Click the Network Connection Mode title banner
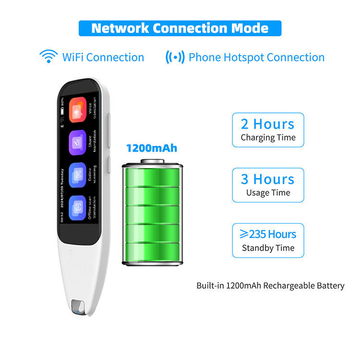coord(180,28)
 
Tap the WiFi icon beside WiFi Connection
coord(48,57)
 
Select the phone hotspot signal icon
coord(175,57)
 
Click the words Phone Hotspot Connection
coord(256,57)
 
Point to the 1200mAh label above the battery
coord(151,147)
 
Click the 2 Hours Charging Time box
coord(268,130)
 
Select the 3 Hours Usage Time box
coord(268,185)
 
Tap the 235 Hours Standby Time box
coord(268,240)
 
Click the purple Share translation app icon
coord(77,143)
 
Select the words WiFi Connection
coord(103,57)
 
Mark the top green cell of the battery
coord(152,178)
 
